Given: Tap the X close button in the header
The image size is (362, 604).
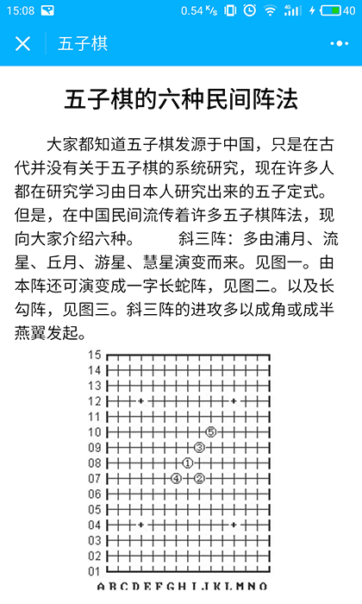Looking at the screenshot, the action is (x=23, y=44).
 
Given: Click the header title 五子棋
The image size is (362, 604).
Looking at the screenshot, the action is (x=83, y=44).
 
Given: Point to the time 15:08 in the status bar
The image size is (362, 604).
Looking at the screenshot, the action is (x=18, y=10).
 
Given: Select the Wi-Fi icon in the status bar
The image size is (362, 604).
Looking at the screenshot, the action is (x=271, y=10).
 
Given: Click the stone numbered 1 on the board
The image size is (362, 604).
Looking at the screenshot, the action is (x=188, y=463).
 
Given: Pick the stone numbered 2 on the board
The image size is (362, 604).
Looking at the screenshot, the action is (x=199, y=478).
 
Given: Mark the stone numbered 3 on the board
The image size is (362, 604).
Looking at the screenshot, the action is (x=199, y=447).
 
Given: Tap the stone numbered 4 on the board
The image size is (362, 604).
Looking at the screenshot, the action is (x=176, y=478).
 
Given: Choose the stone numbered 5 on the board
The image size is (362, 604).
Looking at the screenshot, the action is (x=210, y=431).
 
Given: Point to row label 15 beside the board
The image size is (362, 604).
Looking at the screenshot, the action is (x=94, y=355).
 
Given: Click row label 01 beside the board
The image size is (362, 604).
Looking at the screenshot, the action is (x=94, y=570).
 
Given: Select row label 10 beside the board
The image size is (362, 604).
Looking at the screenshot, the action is (x=94, y=431).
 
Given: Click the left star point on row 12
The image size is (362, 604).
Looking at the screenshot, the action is (x=140, y=400).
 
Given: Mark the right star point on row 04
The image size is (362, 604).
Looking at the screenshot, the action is (x=234, y=524).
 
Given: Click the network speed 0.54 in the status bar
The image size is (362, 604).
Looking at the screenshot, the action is (x=193, y=10).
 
